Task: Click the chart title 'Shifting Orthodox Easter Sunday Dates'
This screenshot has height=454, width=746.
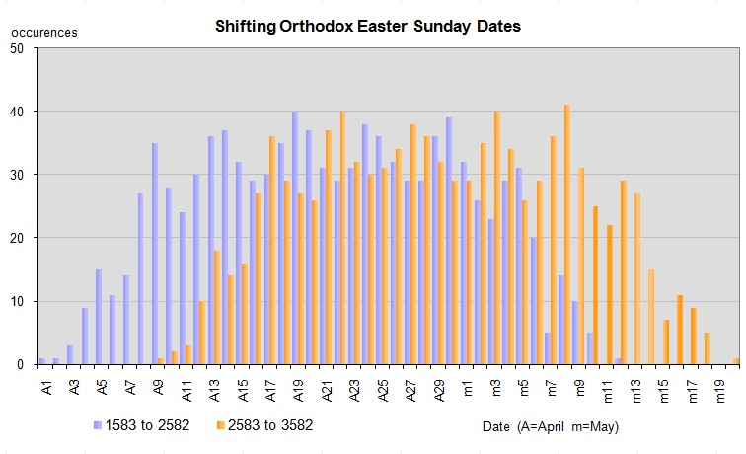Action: (367, 26)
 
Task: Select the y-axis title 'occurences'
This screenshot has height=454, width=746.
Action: (43, 33)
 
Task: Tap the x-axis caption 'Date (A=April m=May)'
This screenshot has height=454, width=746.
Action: (551, 426)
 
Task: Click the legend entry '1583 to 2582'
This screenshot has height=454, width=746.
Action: (148, 425)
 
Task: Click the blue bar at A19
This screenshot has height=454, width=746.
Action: (295, 238)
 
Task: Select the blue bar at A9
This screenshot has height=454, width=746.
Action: (155, 254)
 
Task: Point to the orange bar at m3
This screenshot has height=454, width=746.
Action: (497, 238)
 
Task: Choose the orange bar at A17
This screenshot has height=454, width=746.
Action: (272, 251)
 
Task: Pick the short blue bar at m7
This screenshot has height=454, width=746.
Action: (548, 348)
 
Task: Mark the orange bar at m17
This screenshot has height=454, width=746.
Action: (694, 336)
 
